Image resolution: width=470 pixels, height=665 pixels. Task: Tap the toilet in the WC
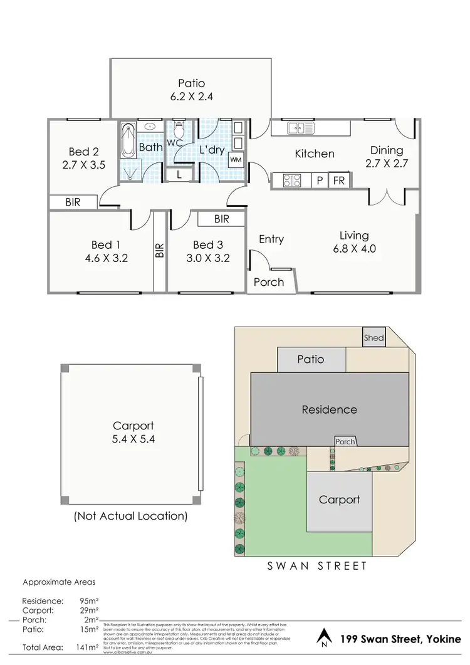tap(179, 130)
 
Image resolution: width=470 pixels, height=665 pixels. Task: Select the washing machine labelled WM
tap(236, 160)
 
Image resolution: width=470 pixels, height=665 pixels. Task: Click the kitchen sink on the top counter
tap(300, 128)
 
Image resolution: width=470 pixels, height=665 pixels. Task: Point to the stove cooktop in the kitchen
tap(292, 181)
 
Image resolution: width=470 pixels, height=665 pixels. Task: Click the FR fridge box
tap(339, 181)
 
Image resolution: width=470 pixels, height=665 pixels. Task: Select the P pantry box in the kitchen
tap(320, 181)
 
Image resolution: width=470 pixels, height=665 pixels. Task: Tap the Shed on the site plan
tap(374, 338)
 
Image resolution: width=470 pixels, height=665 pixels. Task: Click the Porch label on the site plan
tap(345, 442)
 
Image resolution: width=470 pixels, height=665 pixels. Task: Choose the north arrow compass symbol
tap(323, 638)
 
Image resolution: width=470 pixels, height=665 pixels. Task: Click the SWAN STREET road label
tap(317, 566)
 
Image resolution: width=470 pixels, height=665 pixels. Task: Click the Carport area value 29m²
tap(89, 609)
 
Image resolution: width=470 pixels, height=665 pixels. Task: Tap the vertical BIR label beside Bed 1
tap(160, 251)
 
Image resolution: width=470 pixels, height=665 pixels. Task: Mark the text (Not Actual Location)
tap(130, 516)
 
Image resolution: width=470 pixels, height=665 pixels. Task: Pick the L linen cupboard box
tap(179, 175)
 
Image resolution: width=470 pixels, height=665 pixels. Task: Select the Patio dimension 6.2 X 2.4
tap(191, 97)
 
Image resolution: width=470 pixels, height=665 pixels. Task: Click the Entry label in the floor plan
tap(271, 239)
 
